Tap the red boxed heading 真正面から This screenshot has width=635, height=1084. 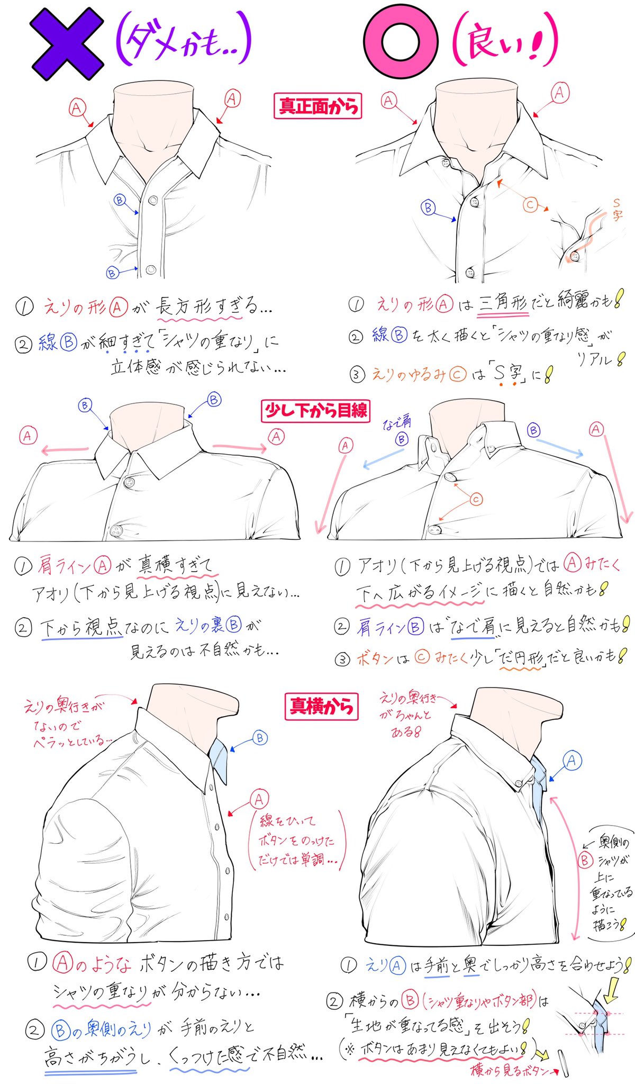click(x=317, y=106)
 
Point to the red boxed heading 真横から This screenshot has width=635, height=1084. click(x=321, y=706)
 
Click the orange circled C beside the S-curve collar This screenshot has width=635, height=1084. click(x=530, y=204)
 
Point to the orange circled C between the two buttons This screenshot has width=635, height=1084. click(x=476, y=499)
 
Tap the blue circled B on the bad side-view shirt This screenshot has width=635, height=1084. click(x=260, y=737)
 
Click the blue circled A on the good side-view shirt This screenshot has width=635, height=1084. click(x=571, y=761)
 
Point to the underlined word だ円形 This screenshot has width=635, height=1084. click(x=521, y=658)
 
